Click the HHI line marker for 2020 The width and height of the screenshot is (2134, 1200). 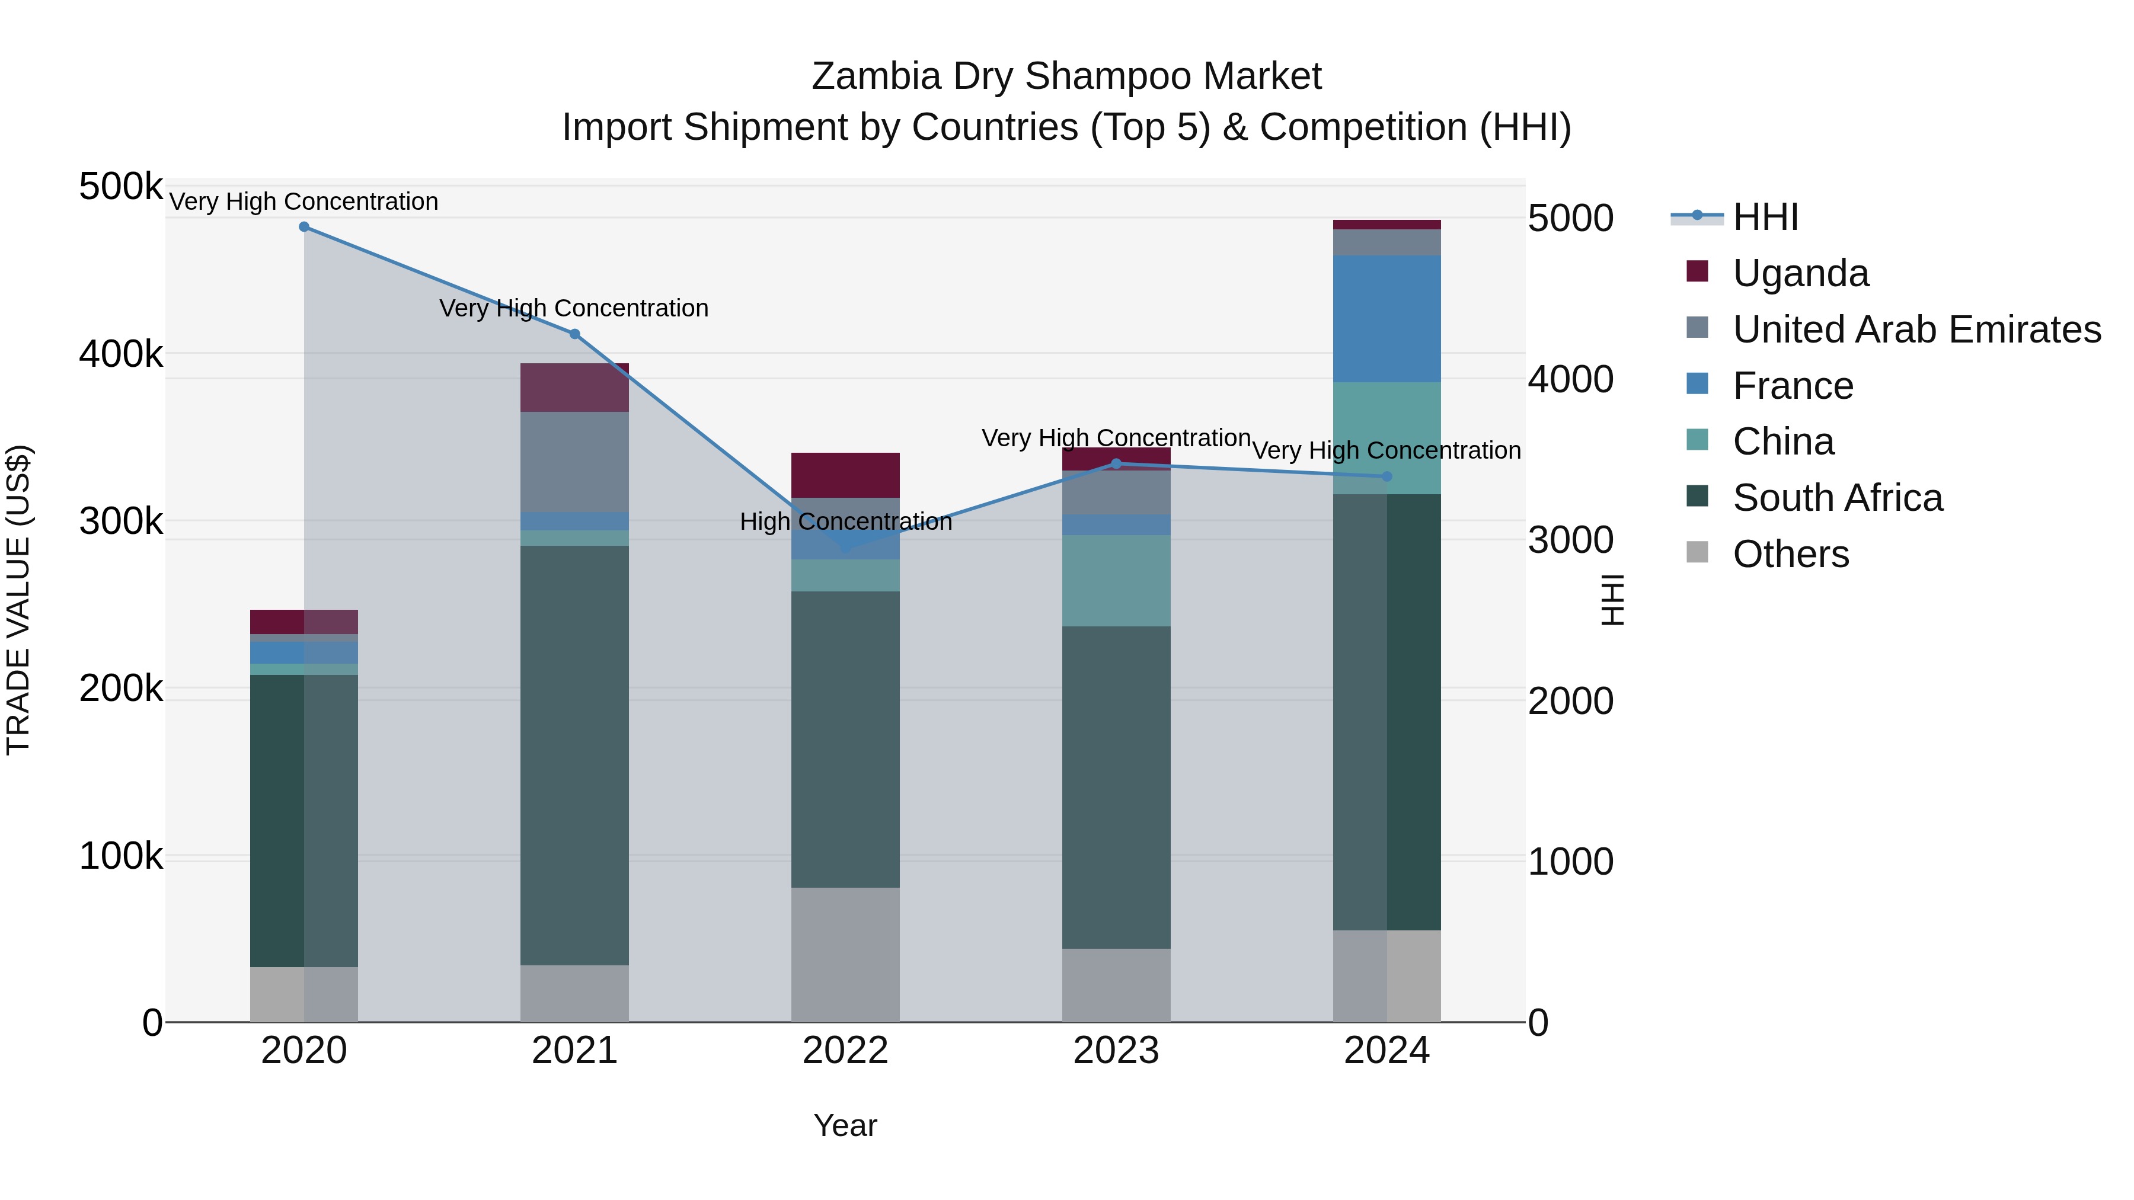pyautogui.click(x=304, y=227)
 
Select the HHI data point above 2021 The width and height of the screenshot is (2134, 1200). pyautogui.click(x=575, y=334)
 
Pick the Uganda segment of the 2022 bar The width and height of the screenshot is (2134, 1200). pyautogui.click(x=845, y=475)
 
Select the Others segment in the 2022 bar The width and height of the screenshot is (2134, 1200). pyautogui.click(x=845, y=954)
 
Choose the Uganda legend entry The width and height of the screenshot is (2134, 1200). pyautogui.click(x=1800, y=273)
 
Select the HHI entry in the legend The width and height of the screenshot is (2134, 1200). pyautogui.click(x=1765, y=217)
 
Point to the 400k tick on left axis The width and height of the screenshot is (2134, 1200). pyautogui.click(x=121, y=354)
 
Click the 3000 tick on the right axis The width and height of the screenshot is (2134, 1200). pyautogui.click(x=1570, y=540)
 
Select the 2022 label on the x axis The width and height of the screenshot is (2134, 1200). pyautogui.click(x=845, y=1051)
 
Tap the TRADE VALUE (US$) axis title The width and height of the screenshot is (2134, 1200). pyautogui.click(x=18, y=600)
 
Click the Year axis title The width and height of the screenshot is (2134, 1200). pyautogui.click(x=845, y=1125)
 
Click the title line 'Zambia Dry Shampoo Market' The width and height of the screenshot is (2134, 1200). pyautogui.click(x=1066, y=76)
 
